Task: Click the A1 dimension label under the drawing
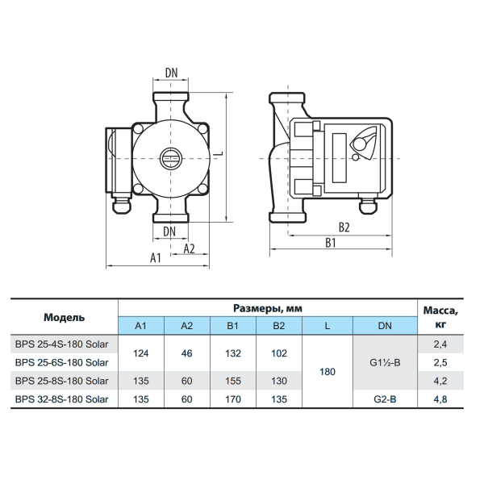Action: click(156, 258)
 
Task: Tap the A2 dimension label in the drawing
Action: click(190, 248)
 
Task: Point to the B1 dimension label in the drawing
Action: click(331, 243)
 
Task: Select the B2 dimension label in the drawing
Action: click(344, 227)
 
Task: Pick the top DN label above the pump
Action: click(171, 73)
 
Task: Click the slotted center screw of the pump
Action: click(170, 159)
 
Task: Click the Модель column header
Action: click(65, 317)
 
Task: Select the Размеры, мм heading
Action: click(268, 308)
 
